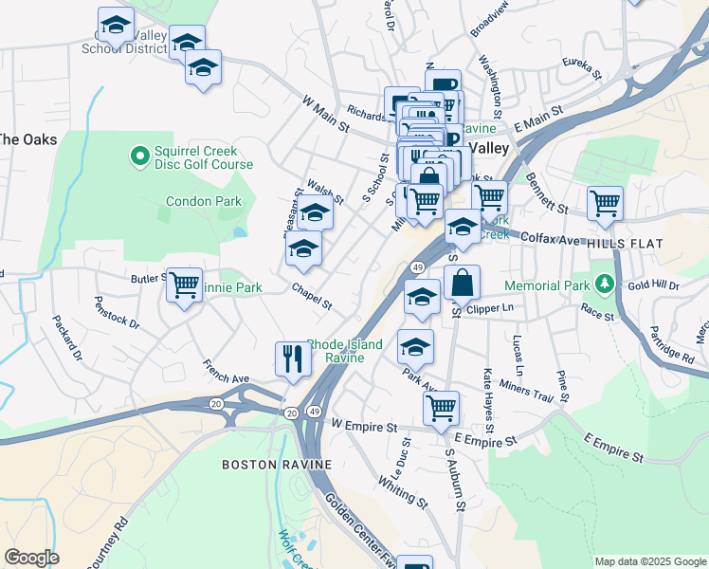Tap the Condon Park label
coord(204,201)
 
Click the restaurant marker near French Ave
coord(293,358)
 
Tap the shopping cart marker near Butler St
coord(184,284)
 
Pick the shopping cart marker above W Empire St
coord(441,408)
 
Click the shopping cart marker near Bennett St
coord(605,203)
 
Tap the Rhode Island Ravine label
coord(345,351)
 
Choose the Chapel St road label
coord(312,297)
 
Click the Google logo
coord(31,558)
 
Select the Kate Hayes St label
coord(490,395)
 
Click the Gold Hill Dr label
coord(653,284)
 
